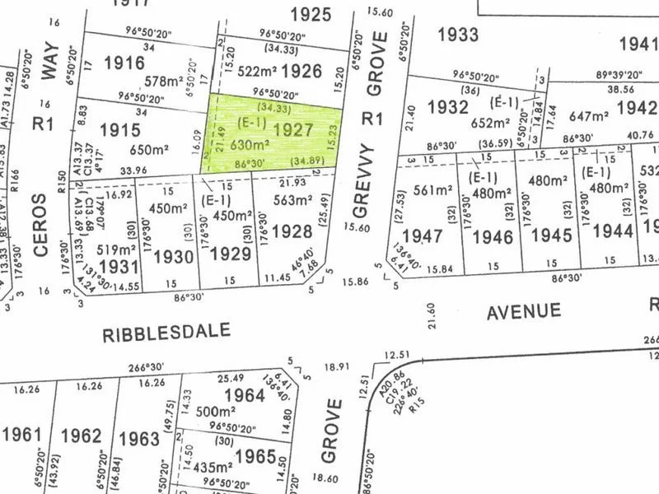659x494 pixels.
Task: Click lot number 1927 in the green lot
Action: click(x=292, y=129)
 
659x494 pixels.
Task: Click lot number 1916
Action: click(x=124, y=63)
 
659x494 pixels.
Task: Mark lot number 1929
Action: click(x=230, y=254)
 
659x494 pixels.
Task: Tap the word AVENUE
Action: click(x=524, y=312)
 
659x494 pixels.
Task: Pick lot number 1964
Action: click(x=244, y=395)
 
